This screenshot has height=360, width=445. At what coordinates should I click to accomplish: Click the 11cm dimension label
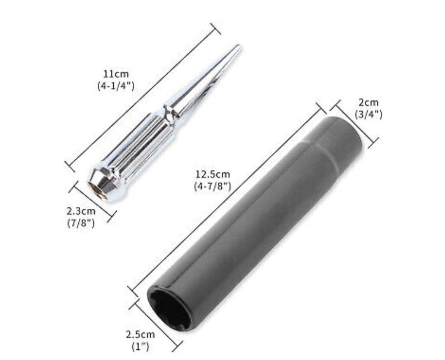click(116, 75)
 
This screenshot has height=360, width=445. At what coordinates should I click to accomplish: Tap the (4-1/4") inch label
click(116, 86)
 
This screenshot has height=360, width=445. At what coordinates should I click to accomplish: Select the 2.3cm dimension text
click(81, 211)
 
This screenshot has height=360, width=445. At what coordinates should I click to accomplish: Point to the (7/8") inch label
click(81, 223)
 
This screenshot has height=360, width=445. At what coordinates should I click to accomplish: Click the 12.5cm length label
click(212, 174)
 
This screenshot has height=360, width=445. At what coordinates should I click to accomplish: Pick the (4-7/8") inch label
click(212, 186)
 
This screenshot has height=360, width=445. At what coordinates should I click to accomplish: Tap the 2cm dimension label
click(369, 103)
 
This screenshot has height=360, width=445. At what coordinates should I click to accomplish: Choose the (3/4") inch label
click(369, 114)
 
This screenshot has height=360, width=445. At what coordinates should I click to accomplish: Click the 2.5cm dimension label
click(141, 335)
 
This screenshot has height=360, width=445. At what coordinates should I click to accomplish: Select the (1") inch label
click(141, 347)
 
